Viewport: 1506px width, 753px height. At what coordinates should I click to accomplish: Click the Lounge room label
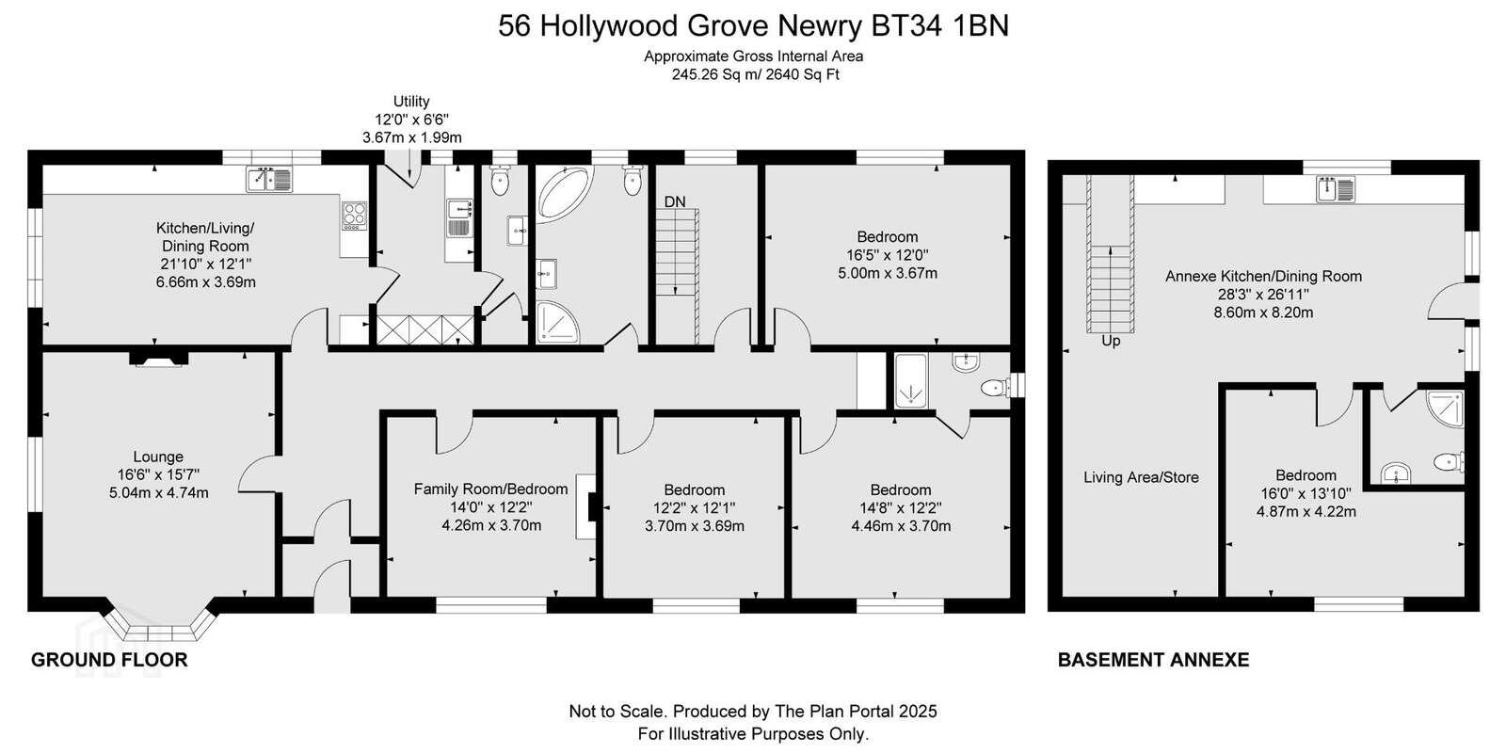click(x=158, y=457)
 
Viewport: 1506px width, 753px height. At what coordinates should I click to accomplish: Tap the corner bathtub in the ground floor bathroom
click(x=564, y=194)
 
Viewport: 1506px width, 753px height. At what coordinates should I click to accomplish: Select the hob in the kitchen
click(x=354, y=216)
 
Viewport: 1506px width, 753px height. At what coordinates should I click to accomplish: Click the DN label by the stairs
click(x=674, y=201)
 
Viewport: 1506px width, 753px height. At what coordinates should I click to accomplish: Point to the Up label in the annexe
click(x=1111, y=342)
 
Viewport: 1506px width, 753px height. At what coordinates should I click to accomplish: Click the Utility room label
click(x=411, y=102)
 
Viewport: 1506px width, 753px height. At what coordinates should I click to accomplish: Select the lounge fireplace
click(x=158, y=359)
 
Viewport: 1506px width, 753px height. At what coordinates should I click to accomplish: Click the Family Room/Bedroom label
click(x=490, y=489)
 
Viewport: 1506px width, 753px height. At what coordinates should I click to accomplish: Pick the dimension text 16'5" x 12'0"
click(x=888, y=255)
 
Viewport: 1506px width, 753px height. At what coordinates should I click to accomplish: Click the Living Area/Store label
click(x=1141, y=477)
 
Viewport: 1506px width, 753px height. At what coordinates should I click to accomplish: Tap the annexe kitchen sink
click(x=1336, y=189)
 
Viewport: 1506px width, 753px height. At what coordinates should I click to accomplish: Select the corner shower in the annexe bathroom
click(x=1445, y=409)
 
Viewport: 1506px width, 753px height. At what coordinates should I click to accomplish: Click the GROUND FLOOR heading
click(x=109, y=660)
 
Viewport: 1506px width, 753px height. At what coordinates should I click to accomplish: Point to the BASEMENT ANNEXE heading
click(x=1154, y=660)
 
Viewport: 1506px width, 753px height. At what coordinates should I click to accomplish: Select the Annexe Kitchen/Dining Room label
click(x=1263, y=277)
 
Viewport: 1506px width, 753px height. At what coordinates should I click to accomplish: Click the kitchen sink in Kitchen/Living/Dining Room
click(x=269, y=180)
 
